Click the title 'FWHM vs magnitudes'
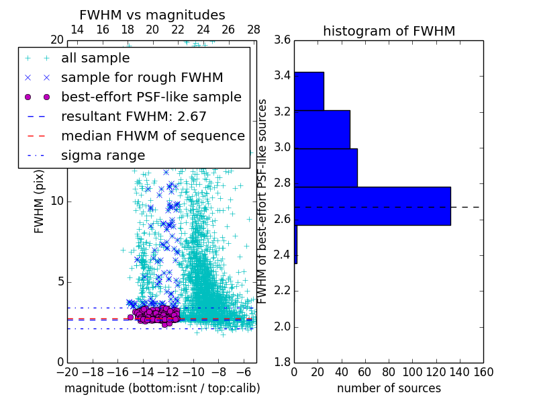coord(152,15)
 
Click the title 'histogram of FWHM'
coord(389,31)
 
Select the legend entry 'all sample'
coord(95,58)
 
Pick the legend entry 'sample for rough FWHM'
coord(142,77)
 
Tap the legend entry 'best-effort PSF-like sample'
coord(151,97)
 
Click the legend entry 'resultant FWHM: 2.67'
coord(134,116)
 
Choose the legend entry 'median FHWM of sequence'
coord(152,136)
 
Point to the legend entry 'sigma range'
coord(103,155)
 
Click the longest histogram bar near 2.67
coord(372,206)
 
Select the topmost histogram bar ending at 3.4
coord(309,91)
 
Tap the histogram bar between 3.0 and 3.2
coord(322,129)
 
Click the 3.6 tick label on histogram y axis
coord(282,40)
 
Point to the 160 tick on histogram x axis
coord(483,372)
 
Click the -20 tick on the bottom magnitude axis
coord(67,372)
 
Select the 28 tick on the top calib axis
coord(253,30)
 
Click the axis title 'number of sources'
coord(389,388)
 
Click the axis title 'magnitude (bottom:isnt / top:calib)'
coord(162,388)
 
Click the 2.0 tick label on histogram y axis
coord(282,327)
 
